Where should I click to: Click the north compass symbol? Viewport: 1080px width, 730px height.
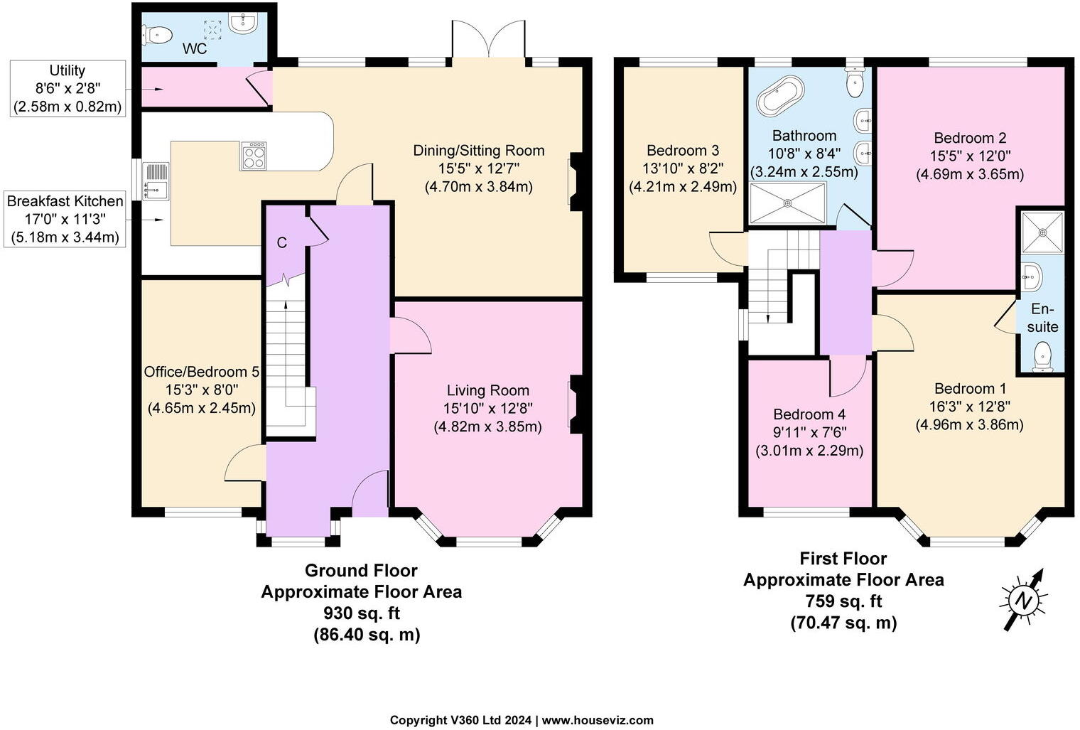[x=1023, y=600]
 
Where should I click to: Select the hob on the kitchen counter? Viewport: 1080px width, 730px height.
[x=254, y=156]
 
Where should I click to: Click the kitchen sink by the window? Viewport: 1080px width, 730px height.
[x=155, y=181]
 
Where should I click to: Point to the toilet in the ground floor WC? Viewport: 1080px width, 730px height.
[x=158, y=33]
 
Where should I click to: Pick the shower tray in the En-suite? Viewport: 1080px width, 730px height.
[x=1042, y=232]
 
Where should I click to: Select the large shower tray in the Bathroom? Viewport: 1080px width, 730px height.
[x=787, y=203]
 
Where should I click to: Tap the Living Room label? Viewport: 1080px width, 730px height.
[x=487, y=390]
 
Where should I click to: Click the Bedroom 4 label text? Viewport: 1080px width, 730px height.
[x=809, y=414]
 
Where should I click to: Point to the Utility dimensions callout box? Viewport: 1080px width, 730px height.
[x=68, y=89]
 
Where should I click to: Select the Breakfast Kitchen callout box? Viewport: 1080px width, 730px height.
[x=65, y=219]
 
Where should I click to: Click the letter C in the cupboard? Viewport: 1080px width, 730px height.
[x=282, y=242]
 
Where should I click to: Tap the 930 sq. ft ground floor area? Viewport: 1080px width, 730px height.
[x=361, y=613]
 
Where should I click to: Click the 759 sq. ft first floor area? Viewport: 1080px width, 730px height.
[x=843, y=601]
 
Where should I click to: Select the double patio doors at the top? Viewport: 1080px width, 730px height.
[x=488, y=41]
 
